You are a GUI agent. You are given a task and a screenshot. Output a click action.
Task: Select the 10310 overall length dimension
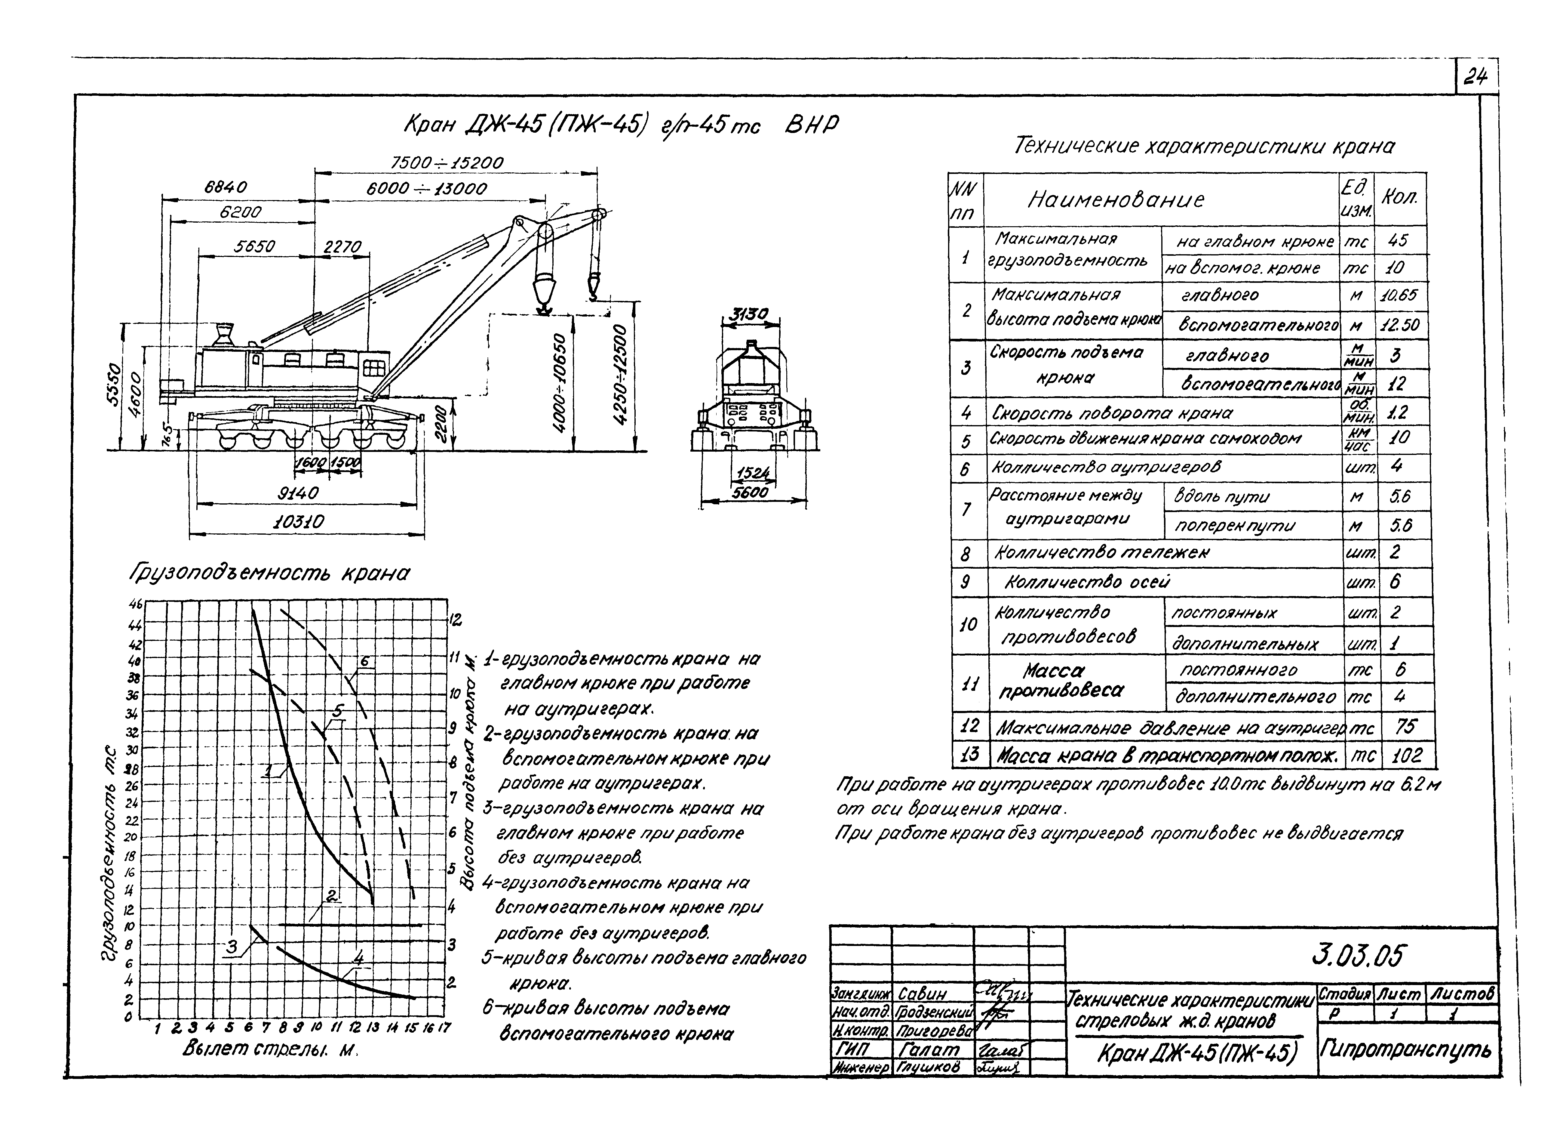298,522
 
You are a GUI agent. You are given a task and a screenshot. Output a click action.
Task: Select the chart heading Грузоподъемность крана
269,574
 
